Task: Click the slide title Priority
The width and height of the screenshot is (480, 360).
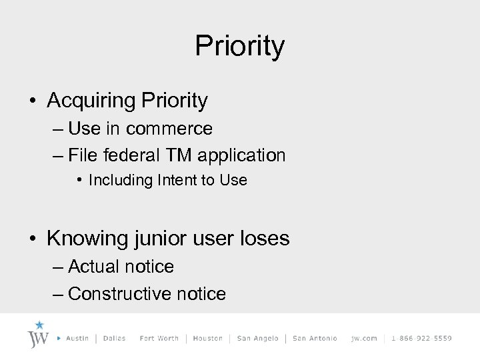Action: (240, 47)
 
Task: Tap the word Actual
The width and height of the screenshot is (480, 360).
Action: (95, 267)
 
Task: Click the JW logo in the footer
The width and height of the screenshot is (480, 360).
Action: (39, 335)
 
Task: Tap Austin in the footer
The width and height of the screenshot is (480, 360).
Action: (78, 339)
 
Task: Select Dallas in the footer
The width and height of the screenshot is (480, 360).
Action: (114, 339)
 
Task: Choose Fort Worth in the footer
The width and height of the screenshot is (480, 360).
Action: (159, 339)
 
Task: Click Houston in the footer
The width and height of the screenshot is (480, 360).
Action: (207, 339)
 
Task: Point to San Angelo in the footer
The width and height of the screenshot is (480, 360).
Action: (257, 339)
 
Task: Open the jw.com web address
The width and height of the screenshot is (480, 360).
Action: (364, 339)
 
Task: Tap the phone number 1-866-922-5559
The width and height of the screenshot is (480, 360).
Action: (421, 339)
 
